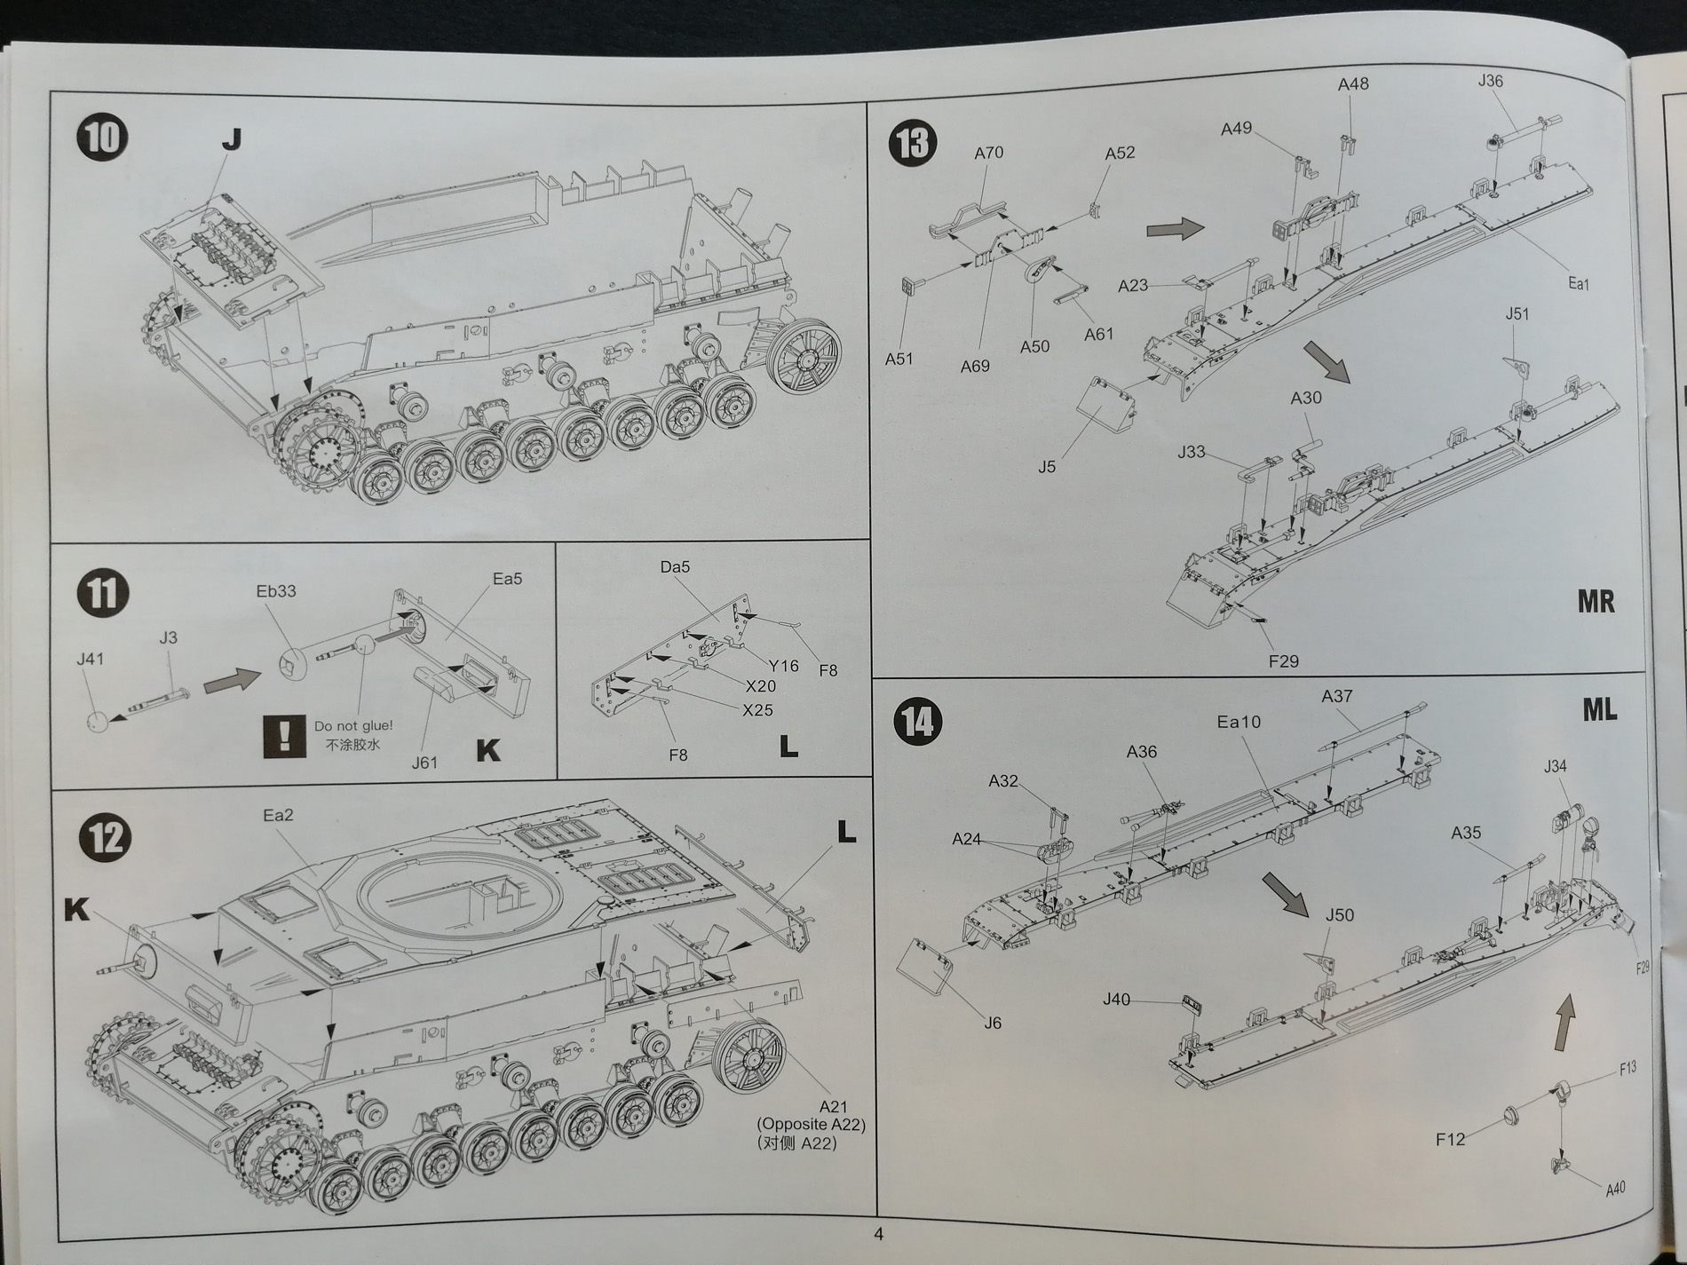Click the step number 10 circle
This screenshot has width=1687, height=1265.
point(102,138)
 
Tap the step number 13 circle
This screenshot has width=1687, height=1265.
point(913,144)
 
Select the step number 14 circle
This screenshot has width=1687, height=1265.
point(918,721)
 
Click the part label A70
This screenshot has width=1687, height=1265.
point(988,153)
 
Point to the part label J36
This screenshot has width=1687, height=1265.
point(1491,81)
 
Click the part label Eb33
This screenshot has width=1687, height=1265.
point(275,590)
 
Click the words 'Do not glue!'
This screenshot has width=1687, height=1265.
point(353,726)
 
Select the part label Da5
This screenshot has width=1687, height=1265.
point(675,566)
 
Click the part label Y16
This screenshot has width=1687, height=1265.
point(784,665)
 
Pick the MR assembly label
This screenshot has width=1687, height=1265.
point(1596,602)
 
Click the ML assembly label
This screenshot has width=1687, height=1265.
point(1599,709)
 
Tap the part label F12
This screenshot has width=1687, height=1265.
point(1450,1139)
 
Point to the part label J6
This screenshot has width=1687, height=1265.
point(993,1023)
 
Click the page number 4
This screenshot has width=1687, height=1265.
point(878,1234)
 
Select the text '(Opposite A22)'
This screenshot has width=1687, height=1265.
point(811,1124)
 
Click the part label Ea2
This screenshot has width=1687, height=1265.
point(278,815)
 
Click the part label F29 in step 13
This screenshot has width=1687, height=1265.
point(1283,660)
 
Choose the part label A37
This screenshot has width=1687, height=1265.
point(1336,696)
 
